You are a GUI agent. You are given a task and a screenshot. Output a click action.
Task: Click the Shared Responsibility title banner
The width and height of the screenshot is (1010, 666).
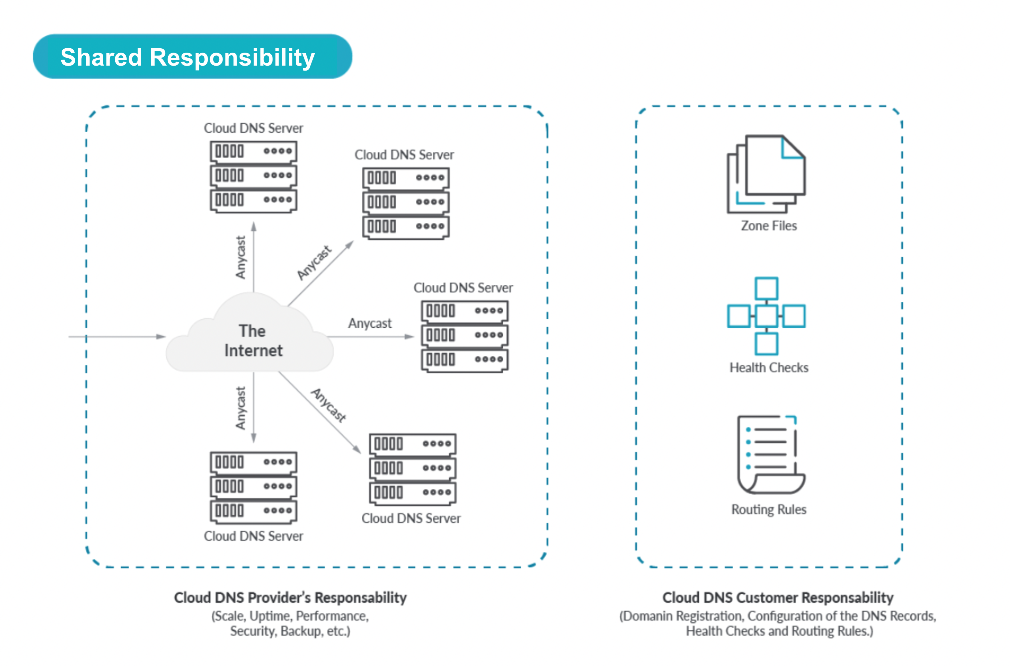pyautogui.click(x=192, y=57)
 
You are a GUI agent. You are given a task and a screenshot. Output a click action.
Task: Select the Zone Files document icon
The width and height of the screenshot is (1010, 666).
pyautogui.click(x=766, y=174)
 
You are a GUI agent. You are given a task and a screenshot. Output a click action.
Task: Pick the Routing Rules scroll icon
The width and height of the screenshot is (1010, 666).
pyautogui.click(x=769, y=455)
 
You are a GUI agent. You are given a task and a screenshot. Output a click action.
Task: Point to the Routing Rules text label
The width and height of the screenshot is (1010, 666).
pyautogui.click(x=768, y=509)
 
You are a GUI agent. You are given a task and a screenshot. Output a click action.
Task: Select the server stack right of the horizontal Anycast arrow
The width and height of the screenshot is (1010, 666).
pyautogui.click(x=464, y=336)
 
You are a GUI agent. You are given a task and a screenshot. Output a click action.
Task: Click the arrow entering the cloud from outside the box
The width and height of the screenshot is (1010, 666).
pyautogui.click(x=119, y=336)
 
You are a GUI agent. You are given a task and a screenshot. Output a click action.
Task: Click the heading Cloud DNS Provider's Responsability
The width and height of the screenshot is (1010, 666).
pyautogui.click(x=290, y=598)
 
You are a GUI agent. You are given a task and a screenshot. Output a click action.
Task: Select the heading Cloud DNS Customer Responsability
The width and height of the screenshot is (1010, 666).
pyautogui.click(x=777, y=598)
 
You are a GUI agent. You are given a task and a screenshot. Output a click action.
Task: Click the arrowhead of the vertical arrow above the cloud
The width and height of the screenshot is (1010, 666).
pyautogui.click(x=254, y=226)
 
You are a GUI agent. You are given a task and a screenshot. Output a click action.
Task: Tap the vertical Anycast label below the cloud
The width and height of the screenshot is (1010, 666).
pyautogui.click(x=241, y=408)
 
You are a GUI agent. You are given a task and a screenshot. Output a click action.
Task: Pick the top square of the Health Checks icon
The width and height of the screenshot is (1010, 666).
pyautogui.click(x=766, y=288)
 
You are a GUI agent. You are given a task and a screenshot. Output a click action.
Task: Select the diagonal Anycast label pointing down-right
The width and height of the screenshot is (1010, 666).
pyautogui.click(x=329, y=406)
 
